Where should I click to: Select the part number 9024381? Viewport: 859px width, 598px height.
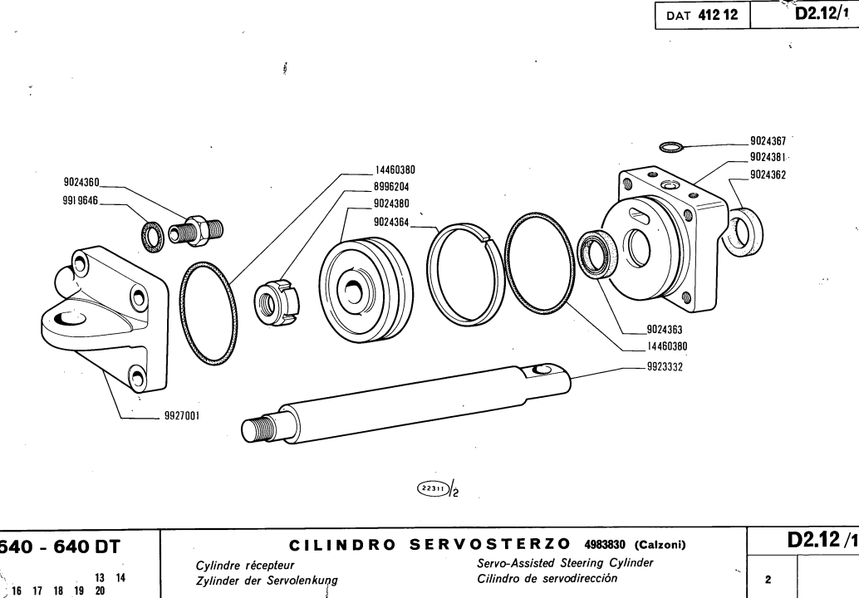point(773,158)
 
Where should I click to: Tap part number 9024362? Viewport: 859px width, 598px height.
point(773,174)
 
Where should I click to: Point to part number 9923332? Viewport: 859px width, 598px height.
point(664,366)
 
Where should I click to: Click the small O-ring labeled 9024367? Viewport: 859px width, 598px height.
point(670,148)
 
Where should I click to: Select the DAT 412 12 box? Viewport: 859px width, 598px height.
point(702,15)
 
